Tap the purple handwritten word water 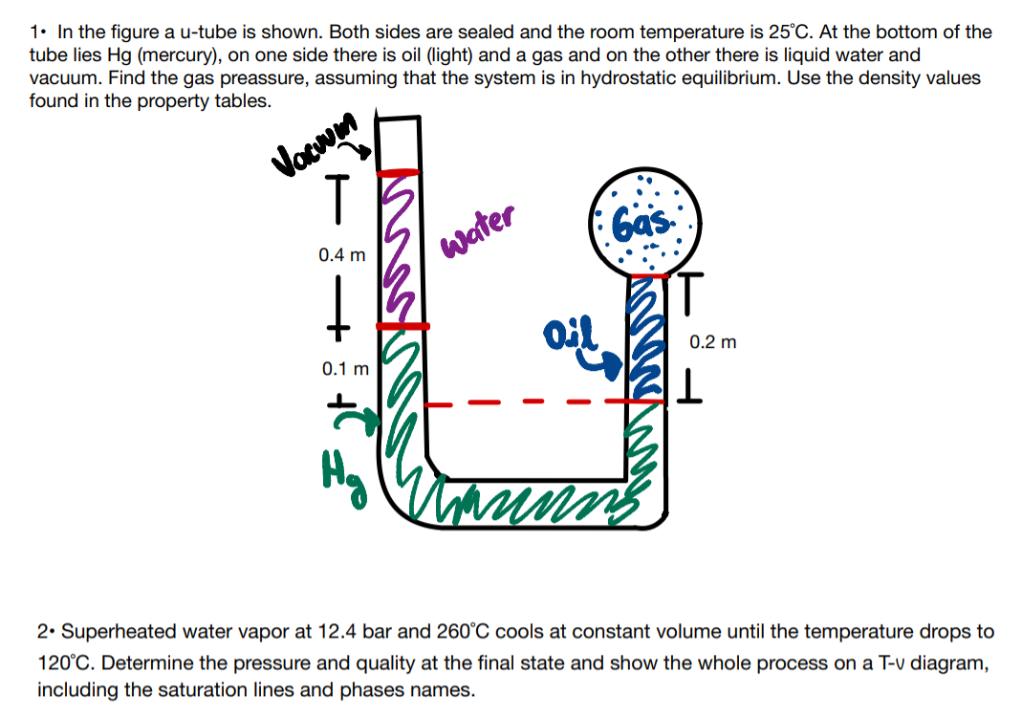477,228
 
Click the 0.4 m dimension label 342,255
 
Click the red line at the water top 399,173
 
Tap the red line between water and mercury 401,326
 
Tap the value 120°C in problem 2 66,663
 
